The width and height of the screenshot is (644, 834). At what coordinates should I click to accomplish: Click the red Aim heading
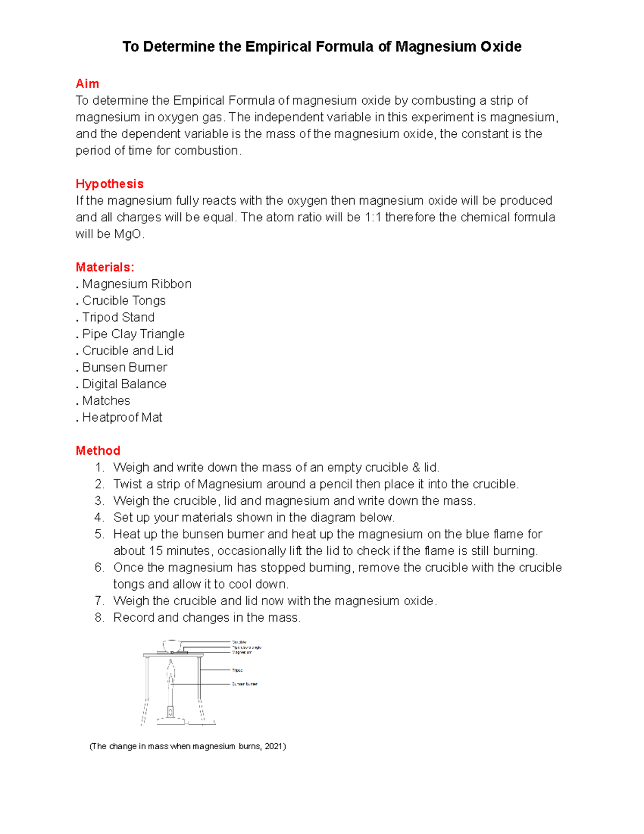pyautogui.click(x=87, y=84)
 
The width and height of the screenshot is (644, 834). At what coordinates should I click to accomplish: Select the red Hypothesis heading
pyautogui.click(x=109, y=184)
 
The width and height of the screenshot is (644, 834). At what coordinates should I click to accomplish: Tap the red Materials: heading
pyautogui.click(x=105, y=267)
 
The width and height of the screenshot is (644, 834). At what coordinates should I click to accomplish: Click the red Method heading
pyautogui.click(x=98, y=451)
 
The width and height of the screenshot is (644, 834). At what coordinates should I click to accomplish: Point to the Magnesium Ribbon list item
pyautogui.click(x=137, y=284)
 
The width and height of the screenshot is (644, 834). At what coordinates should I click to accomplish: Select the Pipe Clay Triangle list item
pyautogui.click(x=133, y=334)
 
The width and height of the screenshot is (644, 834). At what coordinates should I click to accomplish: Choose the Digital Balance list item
pyautogui.click(x=124, y=384)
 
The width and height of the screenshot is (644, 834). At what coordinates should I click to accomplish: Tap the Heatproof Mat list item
pyautogui.click(x=122, y=417)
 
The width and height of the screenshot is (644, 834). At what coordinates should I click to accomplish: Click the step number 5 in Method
pyautogui.click(x=99, y=534)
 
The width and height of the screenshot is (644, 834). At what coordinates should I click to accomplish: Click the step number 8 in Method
pyautogui.click(x=99, y=618)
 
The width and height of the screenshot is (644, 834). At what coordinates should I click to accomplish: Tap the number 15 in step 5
pyautogui.click(x=156, y=551)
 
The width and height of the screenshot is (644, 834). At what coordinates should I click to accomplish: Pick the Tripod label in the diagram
pyautogui.click(x=237, y=670)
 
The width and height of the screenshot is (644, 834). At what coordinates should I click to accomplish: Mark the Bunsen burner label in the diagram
pyautogui.click(x=245, y=684)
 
